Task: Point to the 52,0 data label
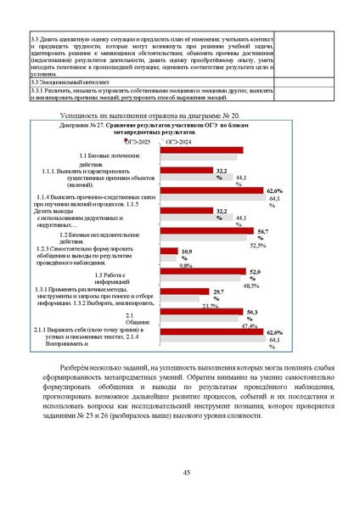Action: (253, 274)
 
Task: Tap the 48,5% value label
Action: (251, 286)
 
